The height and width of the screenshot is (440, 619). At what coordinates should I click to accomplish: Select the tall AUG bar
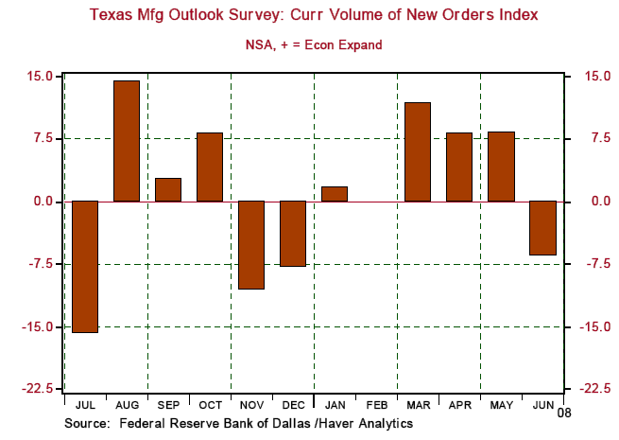pos(127,141)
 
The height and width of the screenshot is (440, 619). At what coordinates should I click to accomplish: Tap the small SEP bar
pos(168,189)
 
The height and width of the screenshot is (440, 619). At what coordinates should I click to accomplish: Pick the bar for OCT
pos(210,167)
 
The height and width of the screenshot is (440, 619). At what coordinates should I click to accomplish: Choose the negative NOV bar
pos(250,245)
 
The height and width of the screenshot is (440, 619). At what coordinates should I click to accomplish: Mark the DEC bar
pos(292,234)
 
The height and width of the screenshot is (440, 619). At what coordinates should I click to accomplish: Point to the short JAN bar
pos(334,194)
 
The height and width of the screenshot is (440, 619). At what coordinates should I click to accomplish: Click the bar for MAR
pos(417,151)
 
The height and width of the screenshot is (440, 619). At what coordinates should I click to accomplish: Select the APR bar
pos(459,167)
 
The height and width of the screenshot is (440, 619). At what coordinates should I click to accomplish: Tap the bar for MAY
pos(501,167)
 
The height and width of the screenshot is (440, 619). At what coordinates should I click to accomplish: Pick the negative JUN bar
pos(542,228)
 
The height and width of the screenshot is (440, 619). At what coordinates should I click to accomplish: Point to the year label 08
pos(563,414)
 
